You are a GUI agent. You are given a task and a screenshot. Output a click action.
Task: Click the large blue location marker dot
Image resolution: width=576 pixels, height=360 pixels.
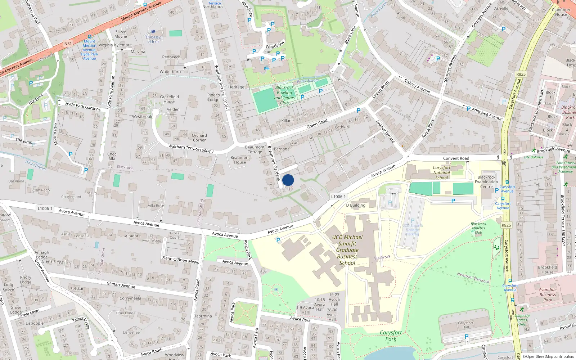(288, 180)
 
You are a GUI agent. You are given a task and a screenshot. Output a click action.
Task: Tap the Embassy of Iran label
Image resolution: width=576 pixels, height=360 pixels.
(153, 39)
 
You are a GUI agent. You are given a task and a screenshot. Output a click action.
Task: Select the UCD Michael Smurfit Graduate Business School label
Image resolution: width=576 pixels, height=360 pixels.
(347, 250)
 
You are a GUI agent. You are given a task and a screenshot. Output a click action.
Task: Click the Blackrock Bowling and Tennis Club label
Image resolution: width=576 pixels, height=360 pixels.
(284, 95)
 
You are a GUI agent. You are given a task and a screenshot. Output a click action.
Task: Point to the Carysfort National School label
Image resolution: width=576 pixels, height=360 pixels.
(441, 172)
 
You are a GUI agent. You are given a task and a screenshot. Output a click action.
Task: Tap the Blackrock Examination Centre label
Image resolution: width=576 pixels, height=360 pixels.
(486, 182)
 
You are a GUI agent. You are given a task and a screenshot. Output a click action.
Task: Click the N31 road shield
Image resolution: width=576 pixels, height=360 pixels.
(68, 44)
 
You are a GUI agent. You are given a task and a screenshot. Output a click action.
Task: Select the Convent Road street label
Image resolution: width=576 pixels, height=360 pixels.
(456, 158)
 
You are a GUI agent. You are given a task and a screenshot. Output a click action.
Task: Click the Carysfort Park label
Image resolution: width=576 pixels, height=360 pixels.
(391, 336)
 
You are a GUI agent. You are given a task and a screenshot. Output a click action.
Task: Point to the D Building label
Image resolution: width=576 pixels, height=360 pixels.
(356, 205)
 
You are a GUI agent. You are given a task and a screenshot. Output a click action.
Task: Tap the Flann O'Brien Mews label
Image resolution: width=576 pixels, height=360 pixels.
(180, 260)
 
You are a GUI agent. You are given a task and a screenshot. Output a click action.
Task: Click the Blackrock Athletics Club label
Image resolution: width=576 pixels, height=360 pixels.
(478, 228)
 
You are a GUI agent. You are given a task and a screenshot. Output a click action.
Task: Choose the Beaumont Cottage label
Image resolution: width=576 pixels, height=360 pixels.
(255, 149)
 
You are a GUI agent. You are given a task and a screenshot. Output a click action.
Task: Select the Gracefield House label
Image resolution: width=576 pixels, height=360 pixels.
(169, 99)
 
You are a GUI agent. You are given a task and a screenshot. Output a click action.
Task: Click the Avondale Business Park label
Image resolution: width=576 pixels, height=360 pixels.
(548, 294)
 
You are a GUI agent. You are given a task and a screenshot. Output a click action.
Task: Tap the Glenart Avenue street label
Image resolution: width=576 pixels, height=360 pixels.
(121, 285)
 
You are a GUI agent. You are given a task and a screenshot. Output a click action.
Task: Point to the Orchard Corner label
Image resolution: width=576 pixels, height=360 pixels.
(199, 138)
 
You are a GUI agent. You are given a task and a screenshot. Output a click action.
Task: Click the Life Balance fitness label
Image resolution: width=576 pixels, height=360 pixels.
(534, 157)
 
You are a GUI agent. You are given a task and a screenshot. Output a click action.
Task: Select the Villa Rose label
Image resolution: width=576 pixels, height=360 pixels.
(156, 206)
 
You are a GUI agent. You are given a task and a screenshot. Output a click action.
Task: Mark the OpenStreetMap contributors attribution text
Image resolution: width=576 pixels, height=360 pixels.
(548, 356)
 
